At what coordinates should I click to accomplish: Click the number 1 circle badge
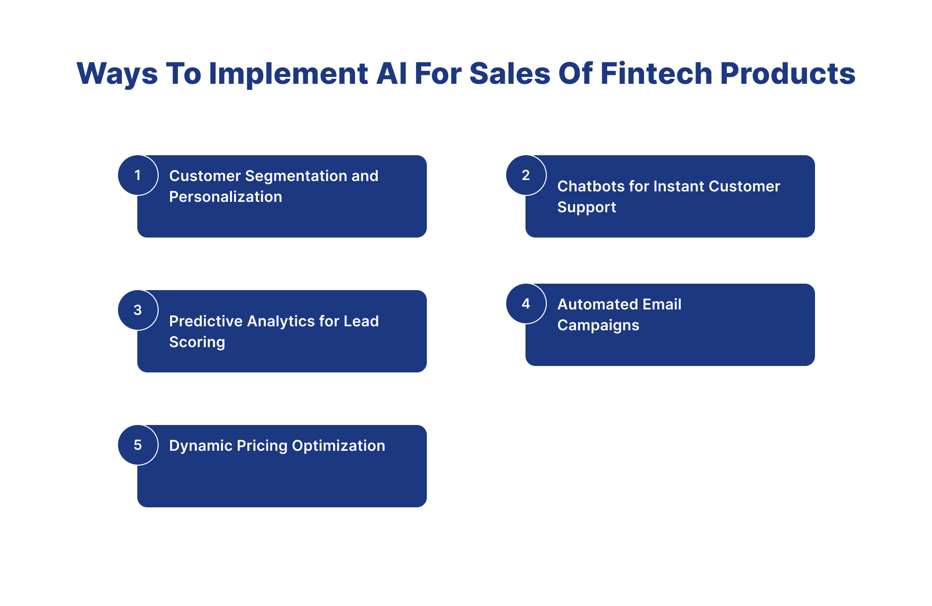pos(138,175)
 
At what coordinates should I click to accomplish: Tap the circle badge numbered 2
pos(526,175)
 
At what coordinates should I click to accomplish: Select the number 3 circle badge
pos(138,310)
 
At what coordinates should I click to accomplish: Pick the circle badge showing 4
pos(526,303)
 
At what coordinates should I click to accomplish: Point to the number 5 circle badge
pos(138,445)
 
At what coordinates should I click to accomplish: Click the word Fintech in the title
pos(656,73)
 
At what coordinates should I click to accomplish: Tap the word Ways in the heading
pos(117,74)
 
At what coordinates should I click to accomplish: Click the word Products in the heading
pos(788,73)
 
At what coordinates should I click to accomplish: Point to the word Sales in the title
pos(510,73)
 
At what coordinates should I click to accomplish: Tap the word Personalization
pos(226,197)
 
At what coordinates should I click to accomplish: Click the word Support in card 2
pos(586,208)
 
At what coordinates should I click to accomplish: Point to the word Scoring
pos(197,343)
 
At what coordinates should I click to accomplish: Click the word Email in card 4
pos(661,304)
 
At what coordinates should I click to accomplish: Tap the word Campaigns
pos(598,326)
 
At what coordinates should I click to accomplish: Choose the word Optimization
pos(339,446)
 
